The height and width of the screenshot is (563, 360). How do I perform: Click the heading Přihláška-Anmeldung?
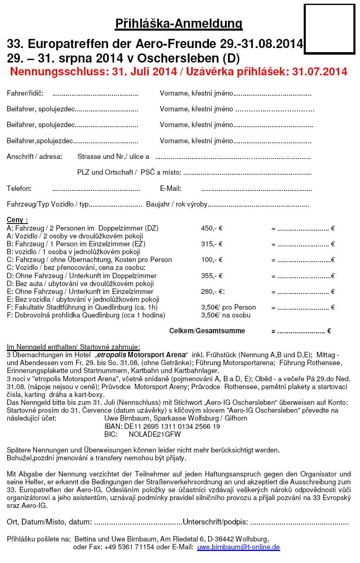tap(179, 24)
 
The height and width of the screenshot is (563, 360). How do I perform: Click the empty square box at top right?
tap(329, 29)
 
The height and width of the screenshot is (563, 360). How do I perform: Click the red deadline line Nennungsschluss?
tap(178, 72)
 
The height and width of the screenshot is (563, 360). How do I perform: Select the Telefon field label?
tap(19, 189)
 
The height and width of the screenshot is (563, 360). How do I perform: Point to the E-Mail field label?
tap(170, 189)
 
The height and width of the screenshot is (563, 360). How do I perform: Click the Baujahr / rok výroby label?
tap(176, 205)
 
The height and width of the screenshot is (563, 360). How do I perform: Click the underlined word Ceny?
tap(17, 220)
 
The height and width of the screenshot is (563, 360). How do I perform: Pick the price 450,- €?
tap(212, 228)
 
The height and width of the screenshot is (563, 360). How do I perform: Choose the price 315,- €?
tap(212, 244)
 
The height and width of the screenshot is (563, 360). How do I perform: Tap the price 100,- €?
tap(212, 260)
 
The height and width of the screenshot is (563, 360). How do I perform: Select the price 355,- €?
tap(212, 276)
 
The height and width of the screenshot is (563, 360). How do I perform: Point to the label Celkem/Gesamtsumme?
tap(207, 331)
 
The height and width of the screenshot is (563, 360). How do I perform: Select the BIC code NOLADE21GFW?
tap(155, 435)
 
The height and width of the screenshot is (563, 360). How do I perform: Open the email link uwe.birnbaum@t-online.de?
tap(238, 547)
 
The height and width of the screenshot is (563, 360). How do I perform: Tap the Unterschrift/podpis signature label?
tap(215, 522)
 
